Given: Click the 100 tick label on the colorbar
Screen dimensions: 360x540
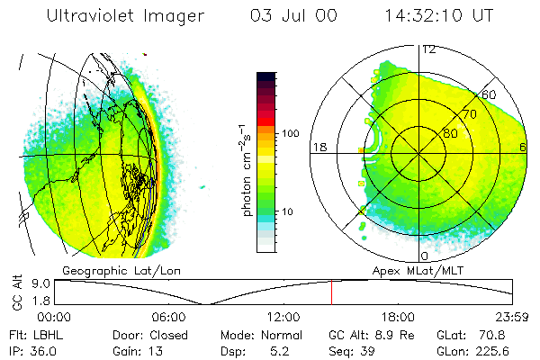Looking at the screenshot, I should [x=290, y=133].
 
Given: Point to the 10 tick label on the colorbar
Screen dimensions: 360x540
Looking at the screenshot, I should [x=288, y=211].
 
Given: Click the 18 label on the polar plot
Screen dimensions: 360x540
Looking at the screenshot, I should [x=319, y=147].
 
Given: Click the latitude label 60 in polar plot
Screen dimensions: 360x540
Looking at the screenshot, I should [x=489, y=94].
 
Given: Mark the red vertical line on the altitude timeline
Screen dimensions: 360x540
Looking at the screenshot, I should [x=331, y=292].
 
